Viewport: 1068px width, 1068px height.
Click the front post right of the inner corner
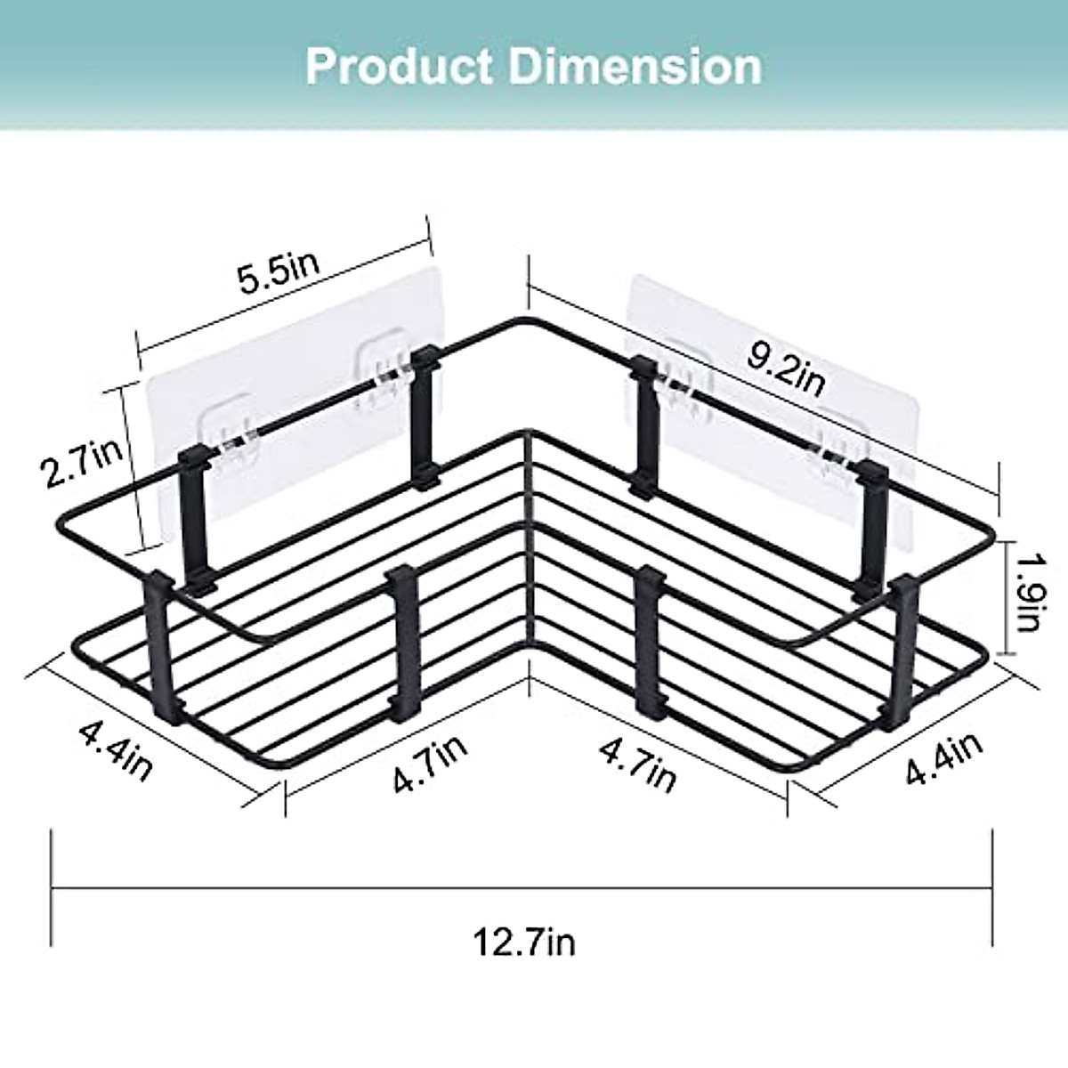pos(651,641)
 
